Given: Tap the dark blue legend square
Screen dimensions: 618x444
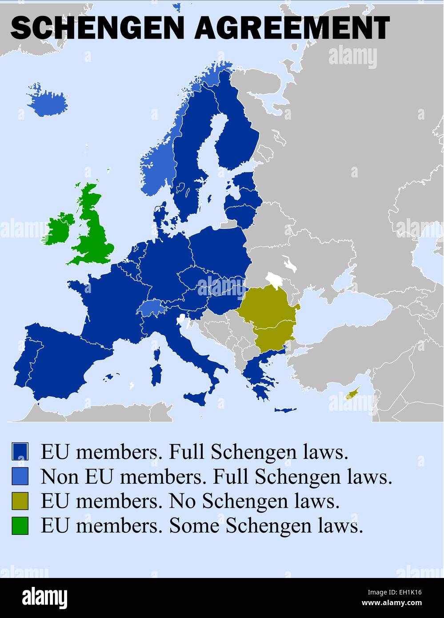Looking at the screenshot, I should [20, 452].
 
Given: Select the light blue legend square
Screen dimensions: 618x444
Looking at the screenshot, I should [20, 477].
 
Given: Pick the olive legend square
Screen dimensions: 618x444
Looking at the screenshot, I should [20, 501].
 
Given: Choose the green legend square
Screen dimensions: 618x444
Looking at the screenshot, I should [20, 526].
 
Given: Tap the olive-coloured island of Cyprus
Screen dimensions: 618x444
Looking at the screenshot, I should [352, 393].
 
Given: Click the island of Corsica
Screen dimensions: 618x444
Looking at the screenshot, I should [157, 354].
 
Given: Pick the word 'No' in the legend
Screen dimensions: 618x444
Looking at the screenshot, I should [182, 501].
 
